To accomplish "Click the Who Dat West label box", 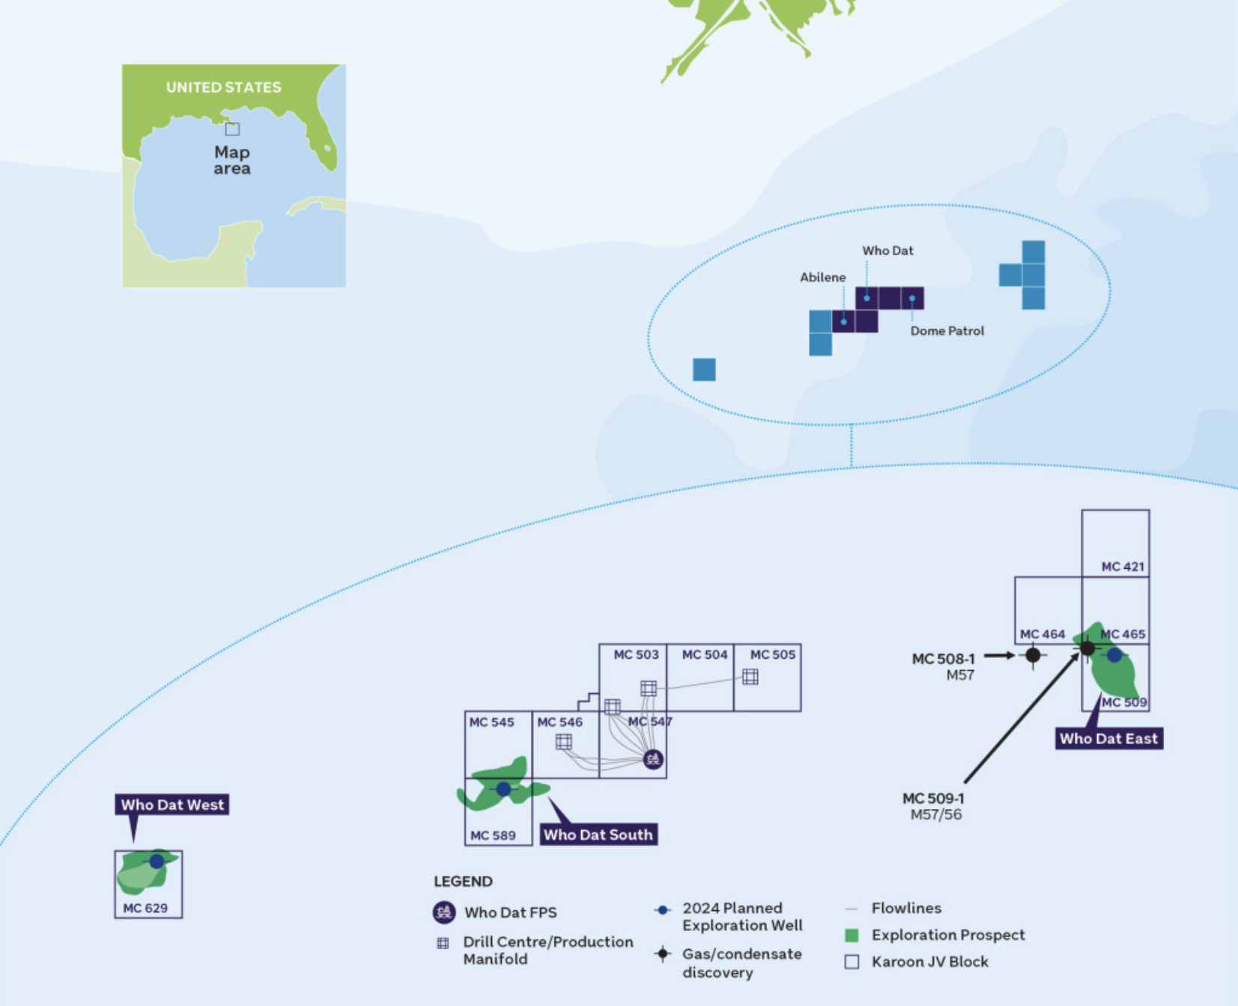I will (172, 805).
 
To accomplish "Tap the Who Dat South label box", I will (598, 835).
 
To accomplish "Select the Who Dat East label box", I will (1108, 739).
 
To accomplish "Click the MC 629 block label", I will (145, 908).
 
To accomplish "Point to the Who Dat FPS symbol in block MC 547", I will (653, 760).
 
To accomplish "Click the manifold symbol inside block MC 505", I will (750, 677).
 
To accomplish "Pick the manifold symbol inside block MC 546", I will (564, 742).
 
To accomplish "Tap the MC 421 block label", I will (1123, 567).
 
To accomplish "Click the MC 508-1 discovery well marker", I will (1034, 656).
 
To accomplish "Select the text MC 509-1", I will (933, 799).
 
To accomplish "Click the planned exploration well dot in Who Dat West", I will (157, 862).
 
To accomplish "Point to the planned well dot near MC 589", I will (503, 789).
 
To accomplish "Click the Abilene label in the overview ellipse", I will (822, 278).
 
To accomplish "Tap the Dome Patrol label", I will (947, 331).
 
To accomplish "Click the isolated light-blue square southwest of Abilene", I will (704, 370).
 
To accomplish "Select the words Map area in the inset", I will (232, 160).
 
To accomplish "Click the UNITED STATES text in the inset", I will (223, 88).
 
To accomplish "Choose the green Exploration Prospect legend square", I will (852, 935).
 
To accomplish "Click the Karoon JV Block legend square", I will (852, 962).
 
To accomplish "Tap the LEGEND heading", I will (463, 881).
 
